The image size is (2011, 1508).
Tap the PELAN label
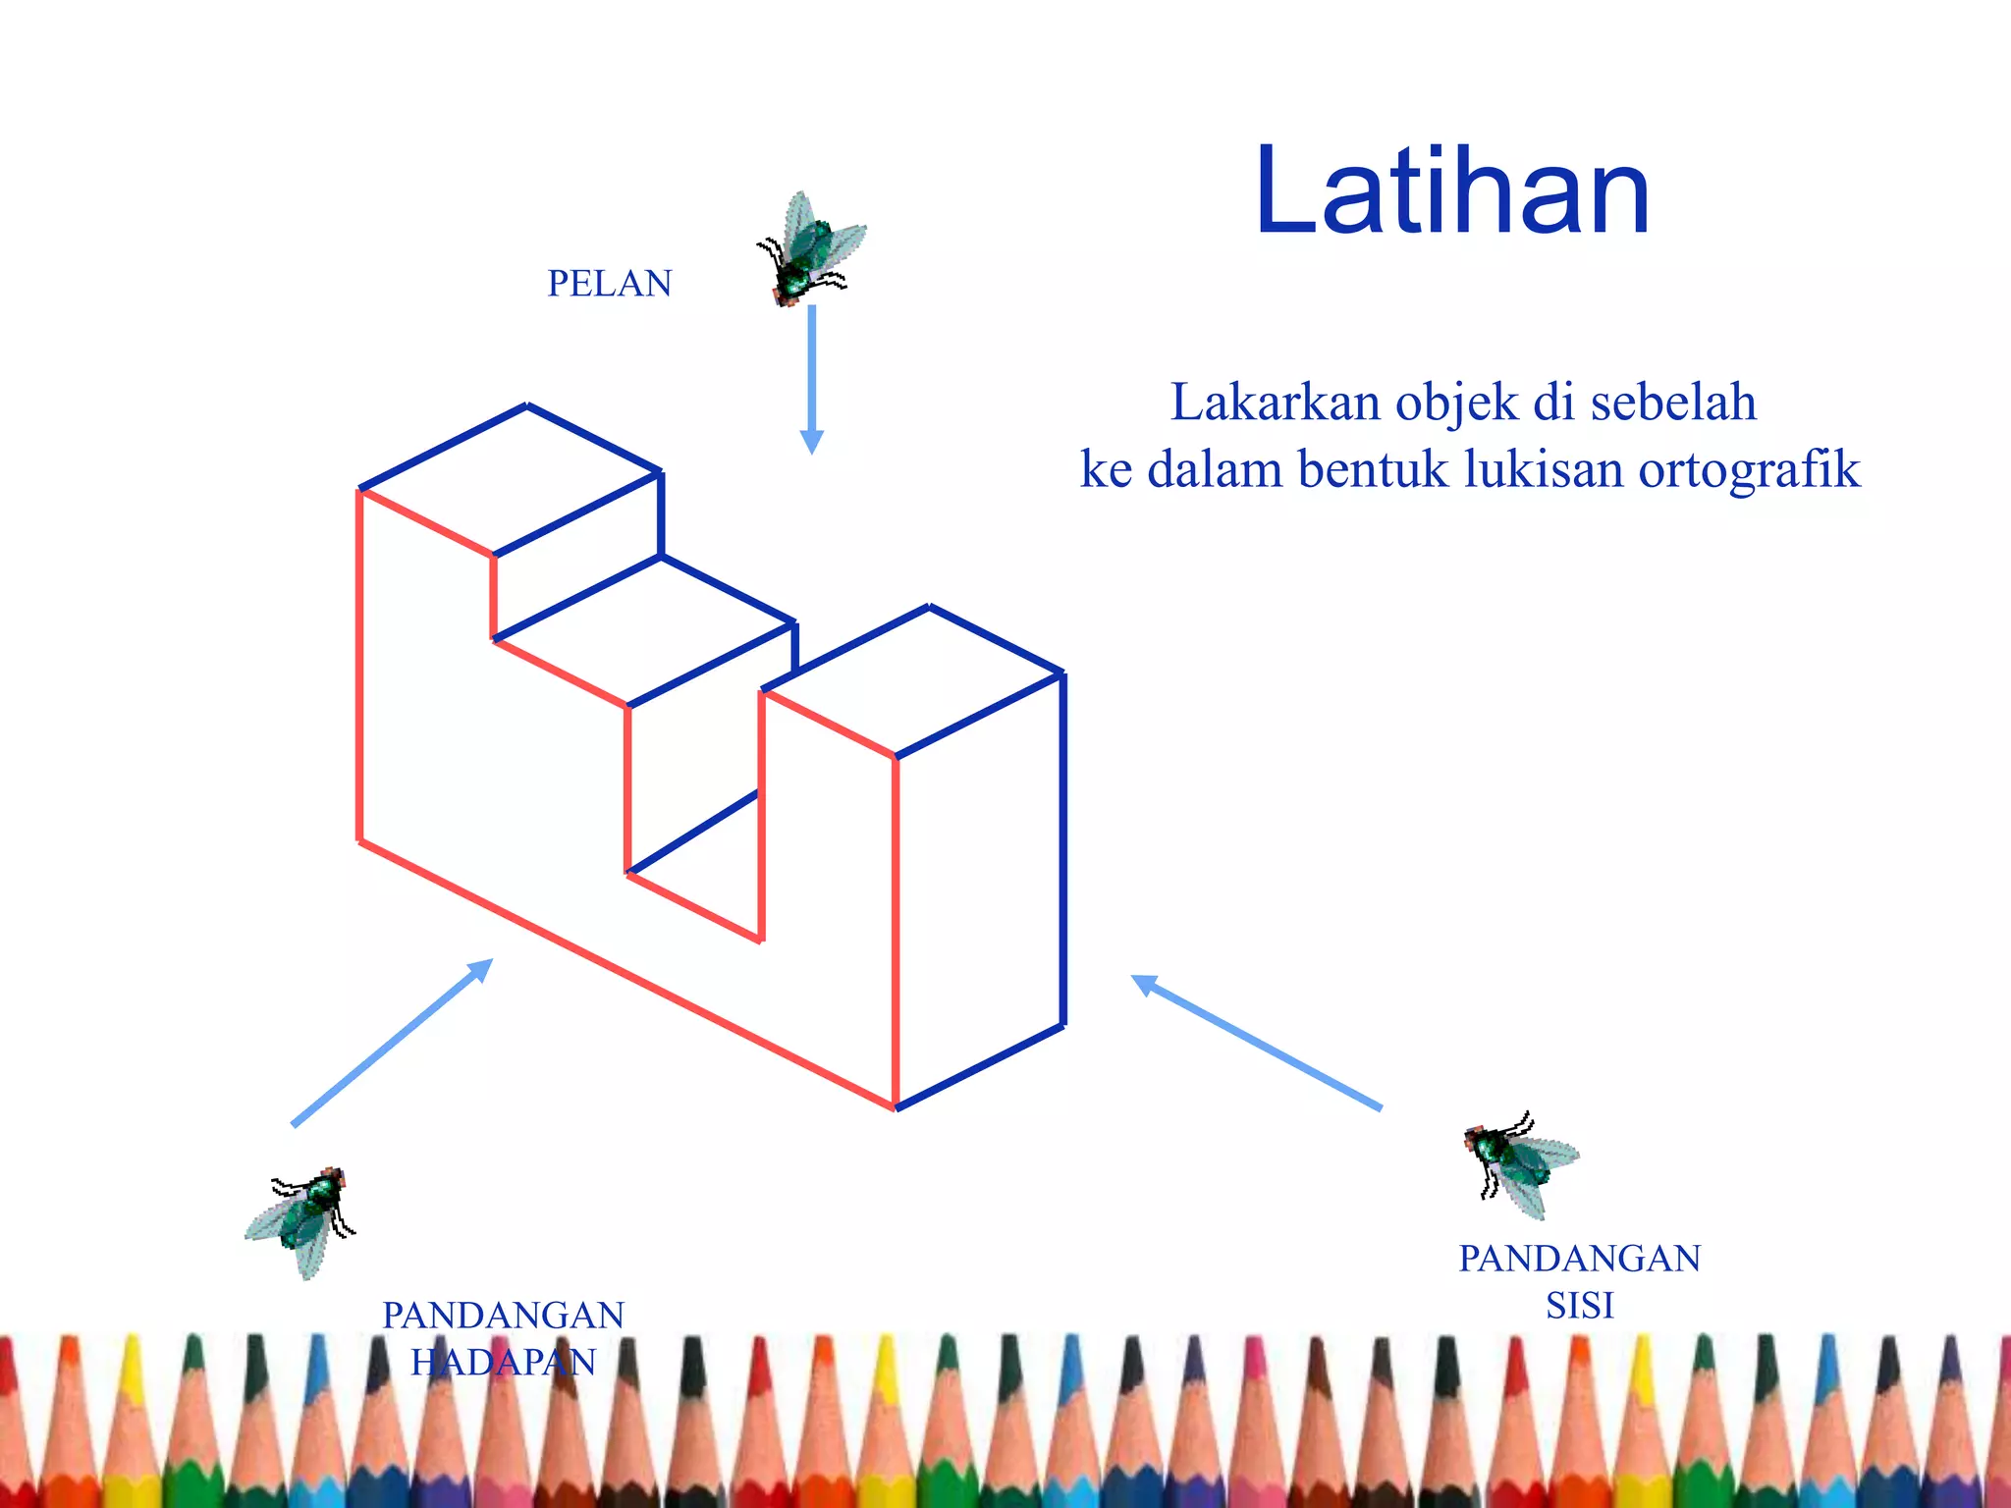coord(609,284)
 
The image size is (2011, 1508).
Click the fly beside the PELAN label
coord(808,249)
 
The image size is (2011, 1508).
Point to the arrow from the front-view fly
coord(393,1042)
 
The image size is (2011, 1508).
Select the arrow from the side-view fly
coord(1256,1042)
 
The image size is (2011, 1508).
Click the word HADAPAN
coord(503,1363)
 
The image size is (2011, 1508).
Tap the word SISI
coord(1579,1306)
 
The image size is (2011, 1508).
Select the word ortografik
coord(1749,469)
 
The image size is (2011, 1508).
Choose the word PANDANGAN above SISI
coord(1579,1259)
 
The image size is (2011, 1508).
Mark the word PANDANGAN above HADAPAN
coord(503,1316)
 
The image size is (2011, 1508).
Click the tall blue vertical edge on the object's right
coord(1062,850)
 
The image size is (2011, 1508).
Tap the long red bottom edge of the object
coord(628,975)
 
